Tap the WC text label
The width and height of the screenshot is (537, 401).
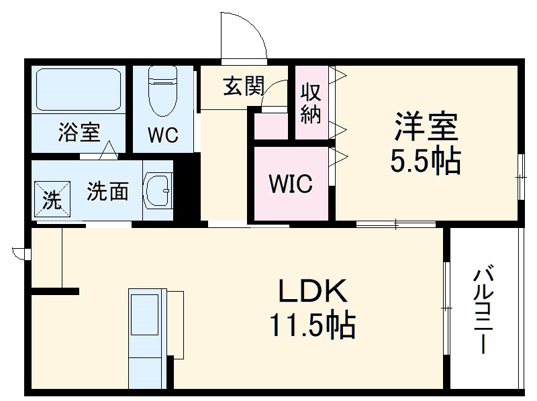pos(162,135)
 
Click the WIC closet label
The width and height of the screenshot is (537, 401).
pos(290,183)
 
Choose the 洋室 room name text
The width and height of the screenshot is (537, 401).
pos(426,125)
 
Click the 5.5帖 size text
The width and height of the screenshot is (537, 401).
pos(426,161)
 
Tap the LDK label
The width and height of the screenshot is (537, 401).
pos(313,292)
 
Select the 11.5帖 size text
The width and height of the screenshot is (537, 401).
pos(313,327)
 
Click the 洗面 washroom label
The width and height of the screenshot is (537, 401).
pos(107,192)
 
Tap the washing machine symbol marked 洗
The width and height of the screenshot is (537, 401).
pos(52,199)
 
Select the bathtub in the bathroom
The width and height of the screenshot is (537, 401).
pos(79,90)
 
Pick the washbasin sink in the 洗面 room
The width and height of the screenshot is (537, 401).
pos(158,190)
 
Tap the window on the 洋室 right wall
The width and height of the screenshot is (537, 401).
pos(521,176)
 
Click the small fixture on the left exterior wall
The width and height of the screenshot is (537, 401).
pos(19,253)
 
